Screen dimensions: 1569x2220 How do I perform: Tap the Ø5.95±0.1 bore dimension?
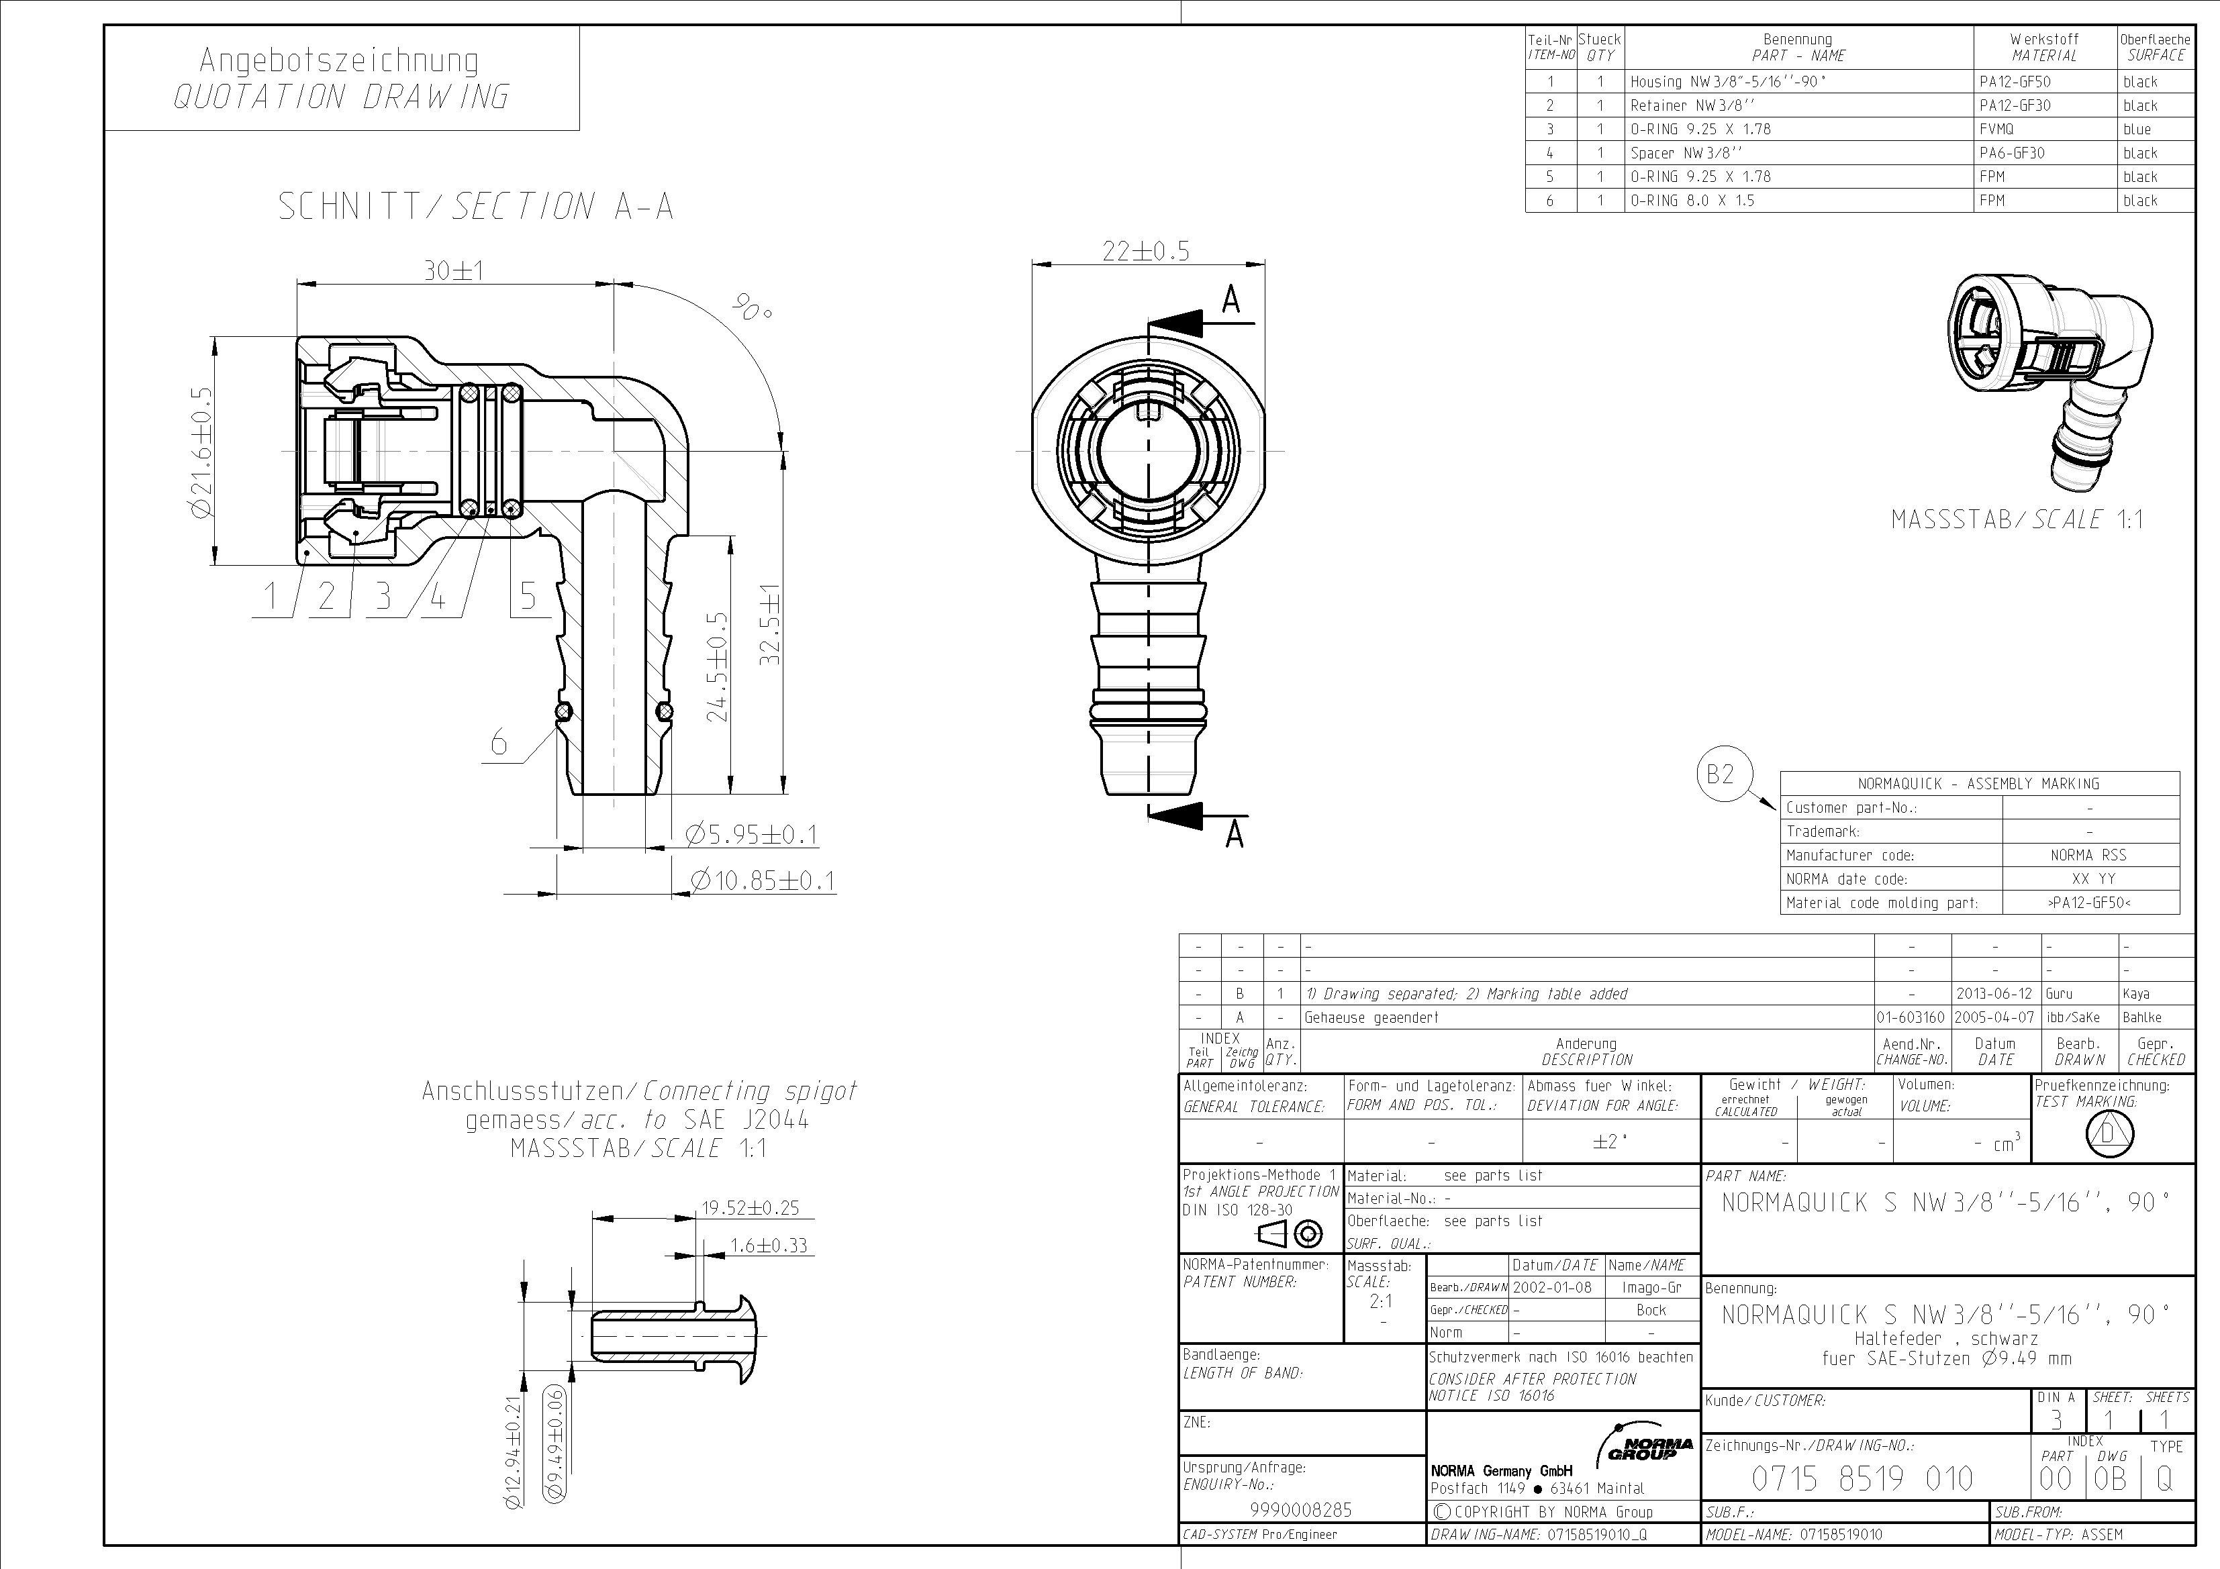(x=751, y=834)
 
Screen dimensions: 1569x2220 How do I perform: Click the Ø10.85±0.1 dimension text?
(x=762, y=880)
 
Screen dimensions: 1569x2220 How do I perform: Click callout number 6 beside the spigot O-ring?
(x=499, y=742)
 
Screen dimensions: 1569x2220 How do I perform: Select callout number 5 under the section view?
(x=528, y=595)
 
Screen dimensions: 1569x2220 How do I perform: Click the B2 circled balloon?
(x=1721, y=774)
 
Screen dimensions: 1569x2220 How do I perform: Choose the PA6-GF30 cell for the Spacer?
(x=2011, y=153)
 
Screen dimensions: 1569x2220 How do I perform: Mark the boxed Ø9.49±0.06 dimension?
(x=555, y=1444)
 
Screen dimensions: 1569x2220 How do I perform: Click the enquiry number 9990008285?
(x=1300, y=1510)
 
